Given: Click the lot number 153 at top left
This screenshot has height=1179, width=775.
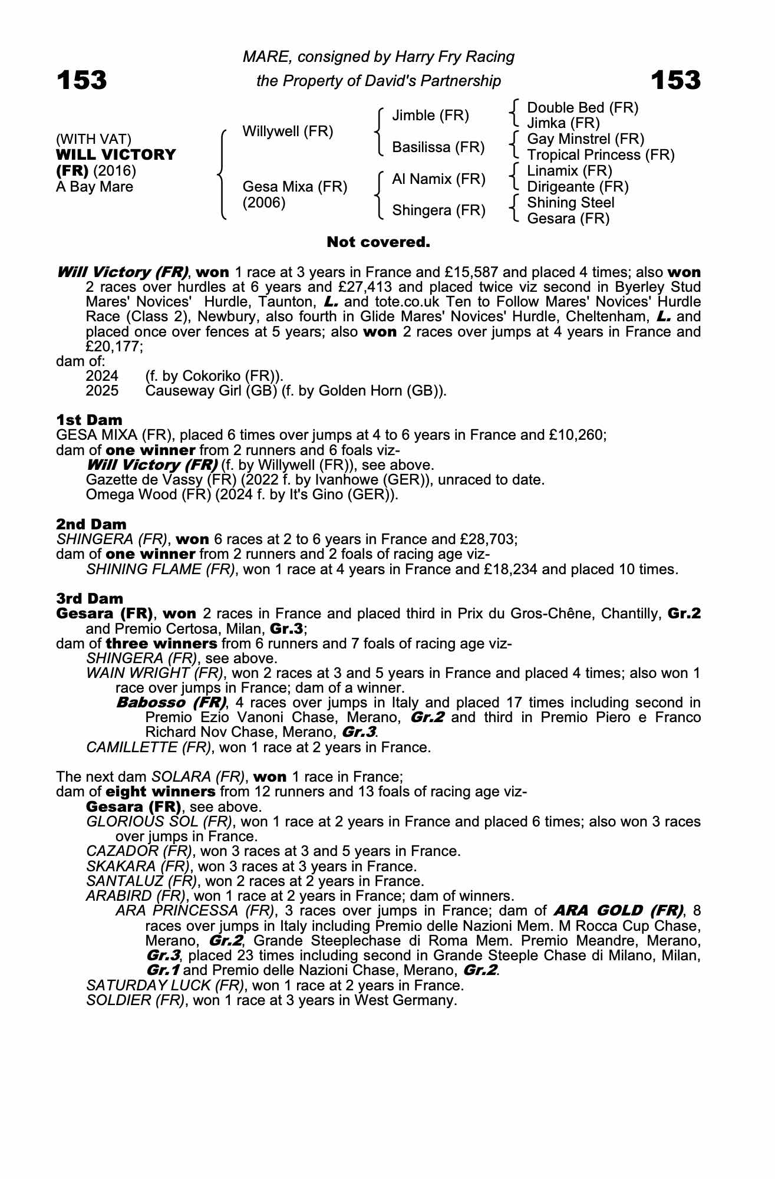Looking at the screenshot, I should point(82,80).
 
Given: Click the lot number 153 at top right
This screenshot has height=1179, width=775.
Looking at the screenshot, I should point(676,80).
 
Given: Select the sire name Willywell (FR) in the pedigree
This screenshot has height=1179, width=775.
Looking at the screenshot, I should point(288,131).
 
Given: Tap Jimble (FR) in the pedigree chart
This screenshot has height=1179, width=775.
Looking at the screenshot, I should point(430,116).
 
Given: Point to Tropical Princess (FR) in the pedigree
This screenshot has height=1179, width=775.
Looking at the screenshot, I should point(601,155).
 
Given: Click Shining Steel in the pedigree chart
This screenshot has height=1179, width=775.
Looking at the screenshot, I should point(570,203).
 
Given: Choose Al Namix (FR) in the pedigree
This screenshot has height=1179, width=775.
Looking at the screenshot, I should point(438,179).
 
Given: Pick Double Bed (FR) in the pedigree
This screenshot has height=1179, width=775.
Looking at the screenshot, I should point(582,108).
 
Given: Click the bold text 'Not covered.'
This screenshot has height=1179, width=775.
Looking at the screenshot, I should point(378,242).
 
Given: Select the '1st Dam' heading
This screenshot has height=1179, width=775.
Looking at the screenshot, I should point(89,420).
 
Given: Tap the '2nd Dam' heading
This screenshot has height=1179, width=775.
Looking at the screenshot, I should point(91,524).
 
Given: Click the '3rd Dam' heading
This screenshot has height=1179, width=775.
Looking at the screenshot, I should point(90,599).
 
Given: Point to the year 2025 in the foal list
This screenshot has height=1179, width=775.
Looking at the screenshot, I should point(102,391).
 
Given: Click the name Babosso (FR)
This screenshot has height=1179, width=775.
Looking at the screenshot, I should point(171,703).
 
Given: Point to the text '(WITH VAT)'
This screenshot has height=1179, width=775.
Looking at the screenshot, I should point(94,139).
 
